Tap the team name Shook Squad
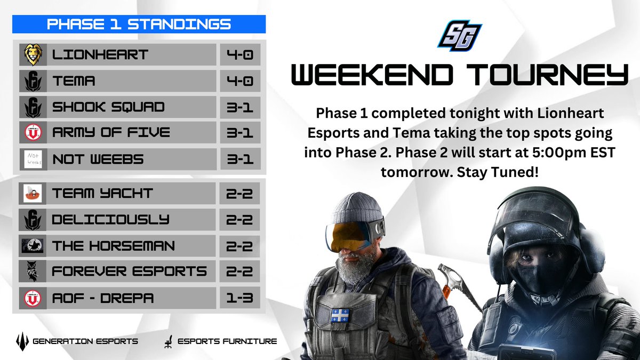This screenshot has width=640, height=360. point(108,107)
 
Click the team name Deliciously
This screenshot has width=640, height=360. point(111,219)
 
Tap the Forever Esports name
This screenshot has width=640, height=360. point(129,271)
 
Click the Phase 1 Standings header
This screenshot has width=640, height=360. point(139,25)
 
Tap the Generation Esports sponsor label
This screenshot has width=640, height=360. point(85,340)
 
